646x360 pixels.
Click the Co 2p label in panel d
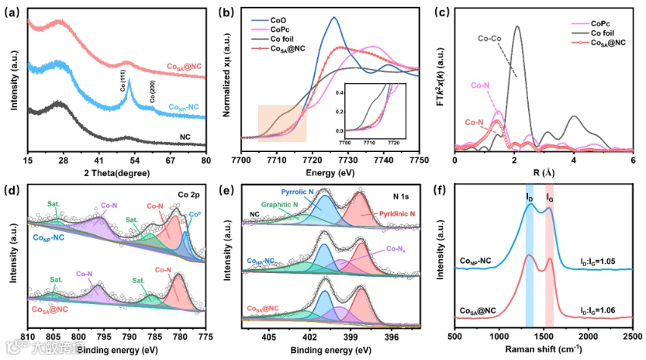point(189,195)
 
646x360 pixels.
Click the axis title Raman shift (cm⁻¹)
point(544,351)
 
